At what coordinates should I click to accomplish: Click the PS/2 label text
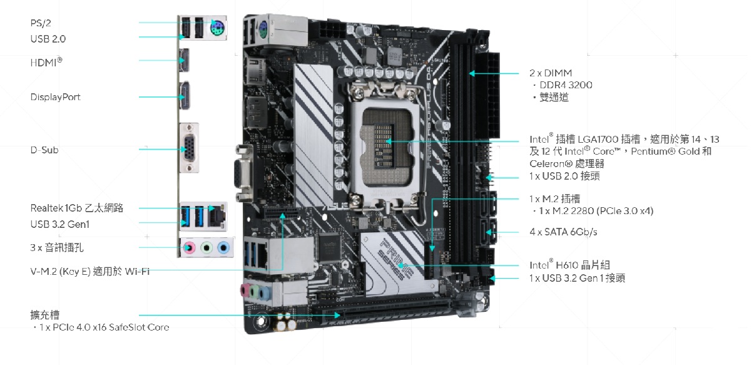[x=41, y=23]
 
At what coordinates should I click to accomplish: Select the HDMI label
[x=46, y=62]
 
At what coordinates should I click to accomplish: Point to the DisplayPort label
[x=56, y=97]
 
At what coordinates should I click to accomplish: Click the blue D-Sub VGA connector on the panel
[x=189, y=148]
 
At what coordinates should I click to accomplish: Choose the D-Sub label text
[x=44, y=150]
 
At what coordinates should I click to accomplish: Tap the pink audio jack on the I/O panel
[x=190, y=248]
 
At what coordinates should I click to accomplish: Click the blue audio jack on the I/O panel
[x=223, y=248]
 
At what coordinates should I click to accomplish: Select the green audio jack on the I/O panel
[x=206, y=248]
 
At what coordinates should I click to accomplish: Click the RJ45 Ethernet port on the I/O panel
[x=216, y=216]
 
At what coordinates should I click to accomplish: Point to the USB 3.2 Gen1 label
[x=60, y=224]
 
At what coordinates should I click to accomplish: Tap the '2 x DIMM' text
[x=551, y=73]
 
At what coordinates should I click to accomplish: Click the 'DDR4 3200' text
[x=566, y=85]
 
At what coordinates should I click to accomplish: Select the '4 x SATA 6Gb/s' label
[x=564, y=232]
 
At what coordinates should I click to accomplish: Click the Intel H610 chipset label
[x=569, y=265]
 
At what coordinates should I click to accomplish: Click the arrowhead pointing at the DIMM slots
[x=472, y=73]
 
